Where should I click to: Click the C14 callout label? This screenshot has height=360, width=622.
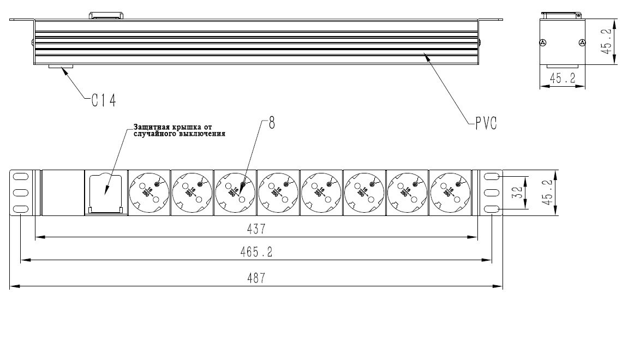click(103, 100)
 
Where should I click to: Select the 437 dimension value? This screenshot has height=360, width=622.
click(256, 230)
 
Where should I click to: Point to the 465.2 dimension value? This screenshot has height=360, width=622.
click(256, 252)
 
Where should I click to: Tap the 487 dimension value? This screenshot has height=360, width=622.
click(256, 278)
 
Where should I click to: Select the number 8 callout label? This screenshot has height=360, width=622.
click(272, 123)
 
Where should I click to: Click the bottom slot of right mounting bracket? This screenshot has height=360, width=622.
click(492, 209)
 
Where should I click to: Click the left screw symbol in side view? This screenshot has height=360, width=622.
click(542, 43)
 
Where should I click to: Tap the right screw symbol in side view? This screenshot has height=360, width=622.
click(582, 43)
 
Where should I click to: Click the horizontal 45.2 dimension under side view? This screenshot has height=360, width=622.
click(563, 79)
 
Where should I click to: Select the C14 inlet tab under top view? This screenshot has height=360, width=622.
click(61, 68)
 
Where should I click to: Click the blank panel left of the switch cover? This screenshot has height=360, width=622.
click(63, 193)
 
